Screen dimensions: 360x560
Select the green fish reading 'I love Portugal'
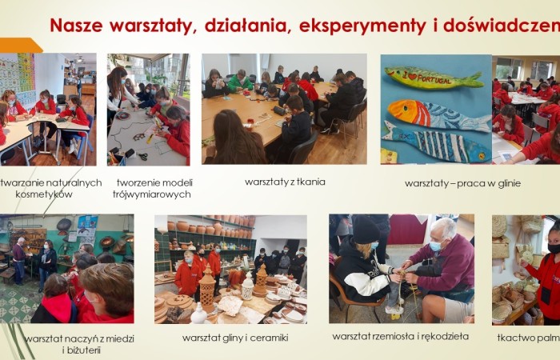click(434, 78)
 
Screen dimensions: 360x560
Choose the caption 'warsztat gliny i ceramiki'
click(235, 338)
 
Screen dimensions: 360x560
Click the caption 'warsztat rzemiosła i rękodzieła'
click(401, 337)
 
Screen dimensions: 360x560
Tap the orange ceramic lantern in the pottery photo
click(207, 287)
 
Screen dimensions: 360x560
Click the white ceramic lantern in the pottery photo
click(247, 286)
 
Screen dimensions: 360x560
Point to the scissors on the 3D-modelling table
click(142, 156)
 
